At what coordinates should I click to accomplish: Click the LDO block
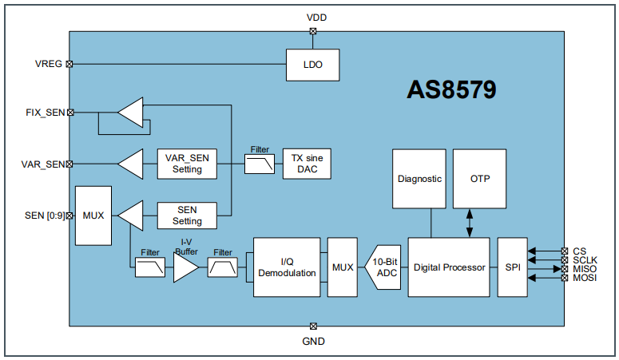click(313, 65)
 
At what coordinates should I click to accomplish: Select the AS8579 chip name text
click(452, 90)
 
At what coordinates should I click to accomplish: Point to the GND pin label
click(314, 341)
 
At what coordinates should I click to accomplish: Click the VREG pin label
click(48, 64)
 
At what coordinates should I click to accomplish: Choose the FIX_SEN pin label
click(45, 113)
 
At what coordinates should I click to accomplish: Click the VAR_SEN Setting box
click(188, 164)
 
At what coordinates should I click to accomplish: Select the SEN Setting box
click(188, 215)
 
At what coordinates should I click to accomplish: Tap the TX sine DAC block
click(307, 164)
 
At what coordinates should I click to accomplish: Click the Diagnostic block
click(419, 179)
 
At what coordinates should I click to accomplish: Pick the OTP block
click(480, 179)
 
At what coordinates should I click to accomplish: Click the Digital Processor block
click(448, 267)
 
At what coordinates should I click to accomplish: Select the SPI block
click(513, 267)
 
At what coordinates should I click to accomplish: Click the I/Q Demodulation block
click(287, 267)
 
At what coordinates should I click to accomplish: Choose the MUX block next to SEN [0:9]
click(93, 216)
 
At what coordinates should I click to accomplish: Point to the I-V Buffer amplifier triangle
click(184, 267)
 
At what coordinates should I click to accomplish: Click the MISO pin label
click(585, 269)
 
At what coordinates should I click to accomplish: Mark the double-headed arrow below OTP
click(470, 224)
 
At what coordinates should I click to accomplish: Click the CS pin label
click(579, 251)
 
